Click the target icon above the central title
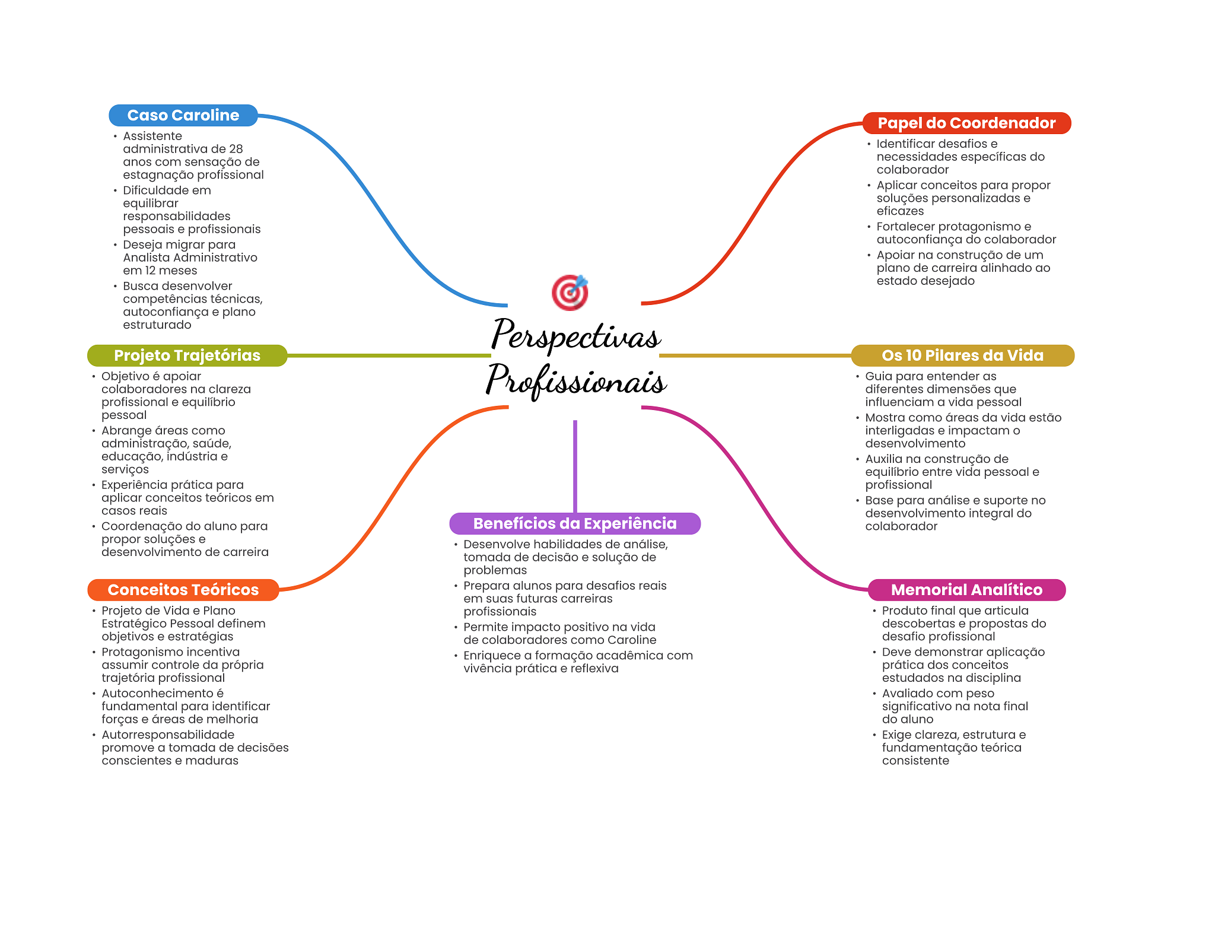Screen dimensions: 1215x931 tap(570, 292)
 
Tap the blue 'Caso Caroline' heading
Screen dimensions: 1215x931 tap(183, 115)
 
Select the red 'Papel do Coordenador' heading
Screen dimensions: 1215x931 tap(966, 123)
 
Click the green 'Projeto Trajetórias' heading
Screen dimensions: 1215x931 tap(187, 355)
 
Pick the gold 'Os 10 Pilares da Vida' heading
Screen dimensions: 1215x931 tap(962, 355)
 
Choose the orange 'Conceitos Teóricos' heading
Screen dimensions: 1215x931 tap(183, 590)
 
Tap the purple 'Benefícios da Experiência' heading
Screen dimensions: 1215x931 tap(575, 523)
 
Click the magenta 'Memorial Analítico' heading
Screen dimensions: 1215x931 tap(966, 590)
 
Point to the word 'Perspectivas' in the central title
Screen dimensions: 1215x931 tap(575, 335)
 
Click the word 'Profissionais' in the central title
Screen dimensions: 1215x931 tap(576, 380)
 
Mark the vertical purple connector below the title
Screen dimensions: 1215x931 tap(575, 466)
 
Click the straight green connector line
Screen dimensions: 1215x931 tap(389, 355)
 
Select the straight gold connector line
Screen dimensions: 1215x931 tap(755, 355)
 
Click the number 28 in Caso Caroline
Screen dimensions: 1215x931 tap(236, 149)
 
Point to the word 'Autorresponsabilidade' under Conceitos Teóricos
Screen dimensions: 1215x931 tap(168, 735)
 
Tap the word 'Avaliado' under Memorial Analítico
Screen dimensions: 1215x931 tap(908, 693)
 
